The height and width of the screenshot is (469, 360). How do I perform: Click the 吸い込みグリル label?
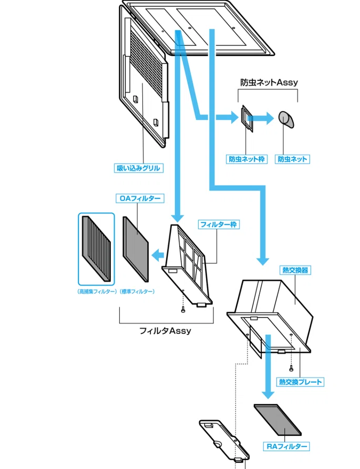pyautogui.click(x=138, y=168)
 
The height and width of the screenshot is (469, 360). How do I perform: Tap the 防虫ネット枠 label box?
pyautogui.click(x=246, y=159)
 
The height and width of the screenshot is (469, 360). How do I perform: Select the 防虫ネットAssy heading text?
pyautogui.click(x=269, y=82)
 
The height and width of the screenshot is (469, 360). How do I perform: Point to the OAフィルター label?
pyautogui.click(x=140, y=198)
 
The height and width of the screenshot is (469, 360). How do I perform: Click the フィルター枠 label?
pyautogui.click(x=219, y=225)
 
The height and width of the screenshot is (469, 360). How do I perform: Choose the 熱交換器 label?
pyautogui.click(x=295, y=270)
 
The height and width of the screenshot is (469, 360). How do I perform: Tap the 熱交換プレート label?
pyautogui.click(x=300, y=382)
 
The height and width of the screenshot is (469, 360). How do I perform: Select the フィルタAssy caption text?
pyautogui.click(x=166, y=331)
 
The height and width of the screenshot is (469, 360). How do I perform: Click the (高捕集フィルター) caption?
pyautogui.click(x=97, y=292)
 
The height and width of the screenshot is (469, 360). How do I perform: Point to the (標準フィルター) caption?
pyautogui.click(x=137, y=292)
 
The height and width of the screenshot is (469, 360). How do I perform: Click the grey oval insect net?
pyautogui.click(x=286, y=119)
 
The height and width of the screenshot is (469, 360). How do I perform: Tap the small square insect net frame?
pyautogui.click(x=247, y=119)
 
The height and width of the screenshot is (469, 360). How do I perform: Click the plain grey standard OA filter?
pyautogui.click(x=136, y=249)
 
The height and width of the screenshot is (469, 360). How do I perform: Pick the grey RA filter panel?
pyautogui.click(x=277, y=420)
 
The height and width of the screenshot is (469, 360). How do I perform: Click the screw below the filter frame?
pyautogui.click(x=183, y=310)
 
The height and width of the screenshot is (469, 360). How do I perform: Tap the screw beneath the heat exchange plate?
pyautogui.click(x=291, y=369)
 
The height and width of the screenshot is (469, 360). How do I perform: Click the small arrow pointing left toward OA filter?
pyautogui.click(x=158, y=256)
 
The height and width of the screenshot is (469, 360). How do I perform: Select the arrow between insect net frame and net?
pyautogui.click(x=261, y=118)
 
